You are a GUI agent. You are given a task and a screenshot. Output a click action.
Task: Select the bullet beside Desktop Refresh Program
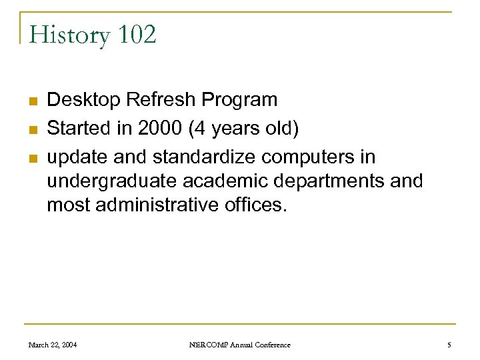tap(32, 101)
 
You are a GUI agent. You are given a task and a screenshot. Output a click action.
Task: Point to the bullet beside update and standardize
tap(32, 159)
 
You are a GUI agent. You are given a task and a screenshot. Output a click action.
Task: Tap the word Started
tap(81, 129)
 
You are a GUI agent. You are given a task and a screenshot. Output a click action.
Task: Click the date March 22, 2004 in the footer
tap(53, 345)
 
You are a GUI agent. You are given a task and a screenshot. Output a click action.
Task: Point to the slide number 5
tap(449, 345)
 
